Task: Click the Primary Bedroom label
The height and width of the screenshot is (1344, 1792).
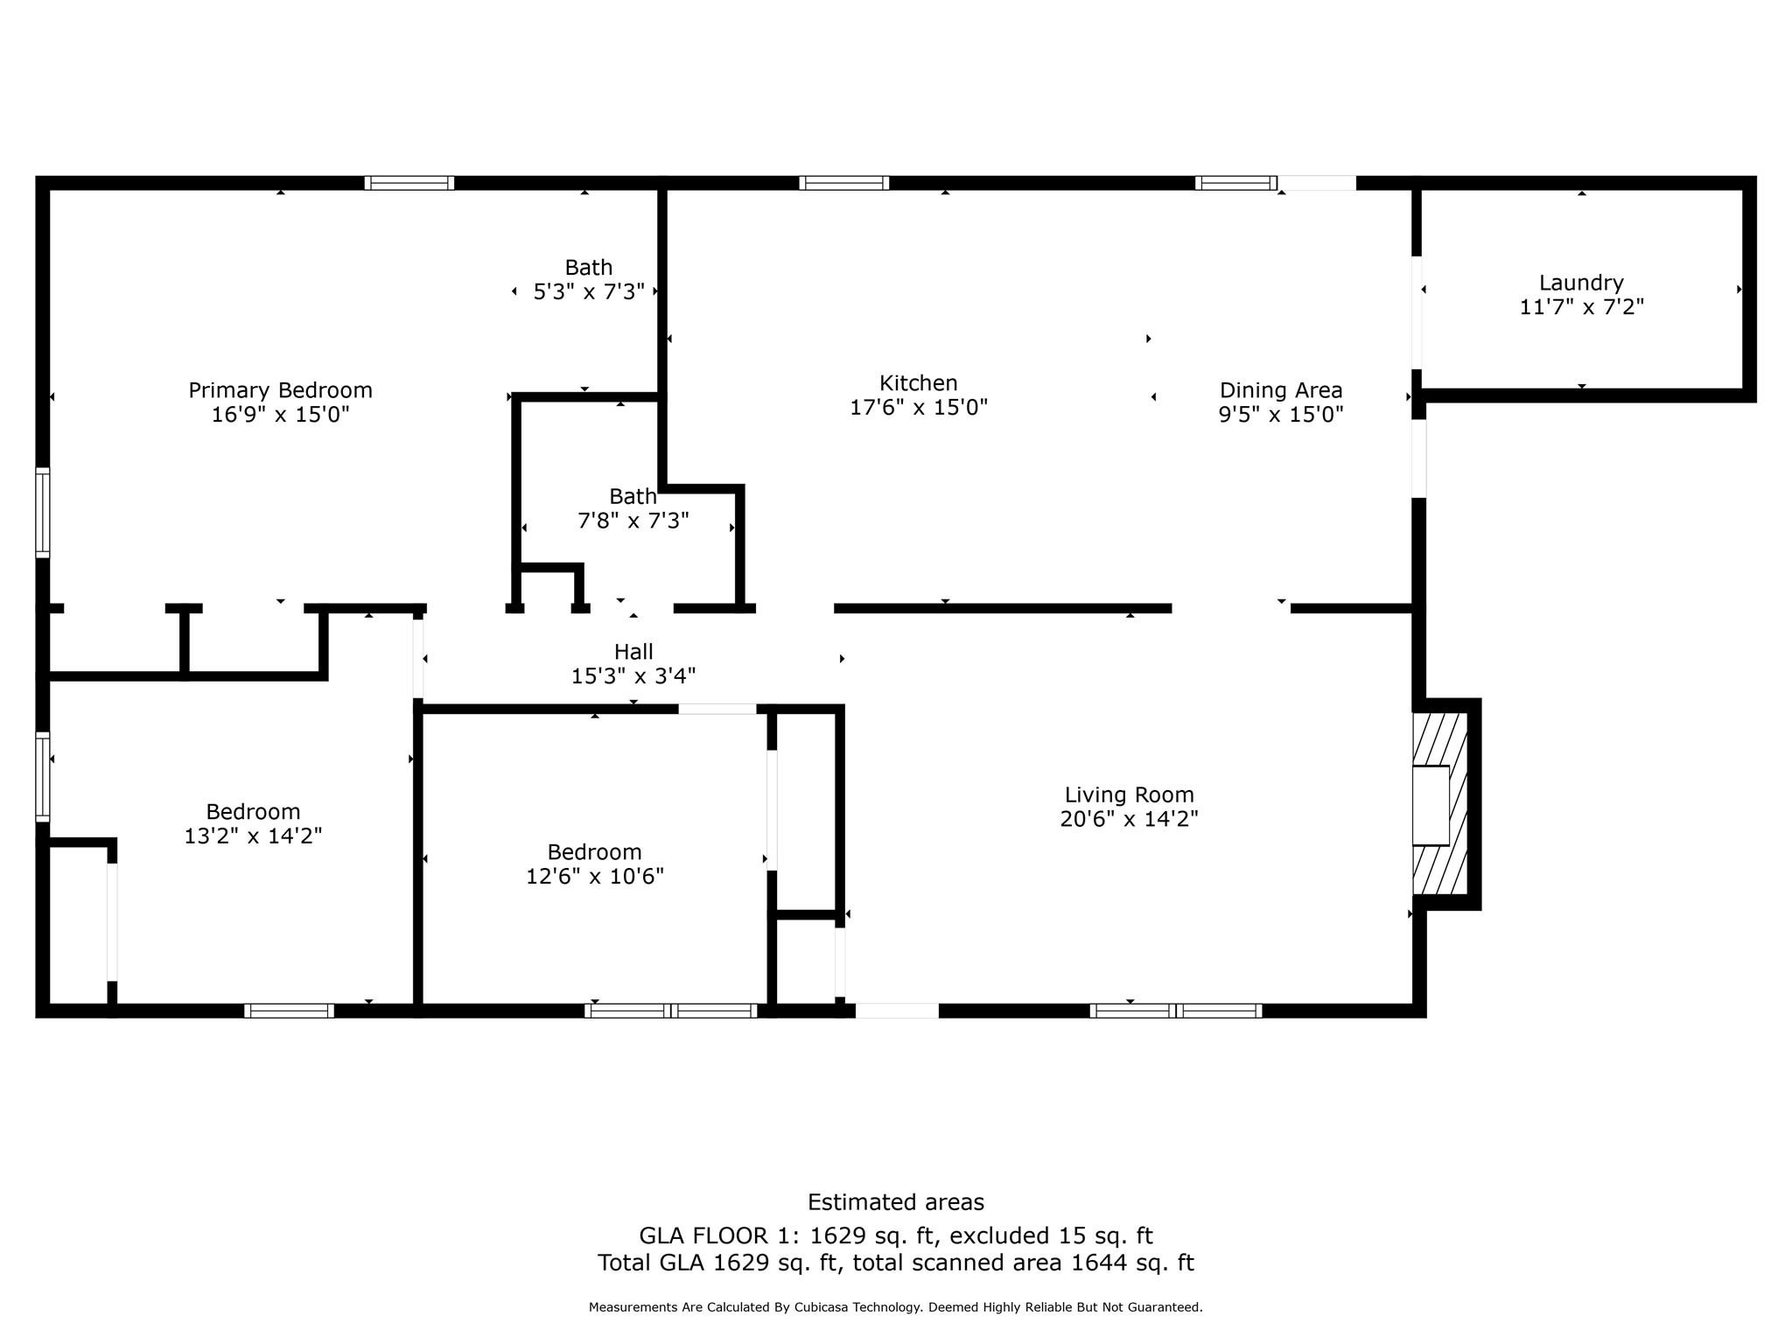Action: click(x=280, y=390)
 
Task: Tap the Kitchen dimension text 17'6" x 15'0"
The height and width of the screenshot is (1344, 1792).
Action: click(x=919, y=408)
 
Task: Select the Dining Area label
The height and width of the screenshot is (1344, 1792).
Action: click(x=1281, y=390)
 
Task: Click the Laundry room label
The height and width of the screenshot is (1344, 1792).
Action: click(x=1581, y=283)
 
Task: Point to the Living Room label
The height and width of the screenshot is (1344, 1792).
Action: click(x=1129, y=795)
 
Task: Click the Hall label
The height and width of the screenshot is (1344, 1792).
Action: click(x=633, y=652)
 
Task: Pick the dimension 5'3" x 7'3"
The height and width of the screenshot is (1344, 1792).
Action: click(x=589, y=291)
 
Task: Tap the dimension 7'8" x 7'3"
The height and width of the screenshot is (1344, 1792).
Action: click(x=633, y=521)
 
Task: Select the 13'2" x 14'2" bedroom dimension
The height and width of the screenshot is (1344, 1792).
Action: click(x=253, y=836)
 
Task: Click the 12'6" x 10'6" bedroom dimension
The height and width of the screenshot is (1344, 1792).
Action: click(x=595, y=876)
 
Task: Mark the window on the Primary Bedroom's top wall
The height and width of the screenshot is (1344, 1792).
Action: click(x=409, y=183)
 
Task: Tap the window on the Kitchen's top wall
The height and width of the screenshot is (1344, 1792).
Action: click(x=844, y=183)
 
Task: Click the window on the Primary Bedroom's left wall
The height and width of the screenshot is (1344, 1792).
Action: click(x=42, y=513)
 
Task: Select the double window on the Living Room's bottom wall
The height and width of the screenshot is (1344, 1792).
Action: click(x=1176, y=1011)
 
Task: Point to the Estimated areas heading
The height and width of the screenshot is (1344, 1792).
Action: click(x=896, y=1202)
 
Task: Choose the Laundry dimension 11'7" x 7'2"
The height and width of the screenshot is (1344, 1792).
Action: click(x=1582, y=307)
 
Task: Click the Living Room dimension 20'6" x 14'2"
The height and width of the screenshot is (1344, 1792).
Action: click(x=1129, y=819)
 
